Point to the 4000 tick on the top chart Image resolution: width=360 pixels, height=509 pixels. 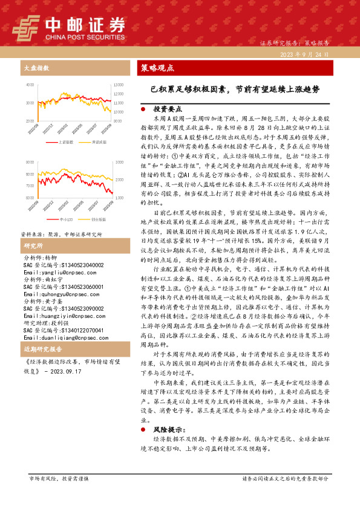click(30, 87)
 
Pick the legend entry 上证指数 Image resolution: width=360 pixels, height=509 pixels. click(66, 142)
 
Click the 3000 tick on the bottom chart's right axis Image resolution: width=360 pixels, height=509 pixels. click(117, 164)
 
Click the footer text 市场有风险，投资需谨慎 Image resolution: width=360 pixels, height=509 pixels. click(59, 478)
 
